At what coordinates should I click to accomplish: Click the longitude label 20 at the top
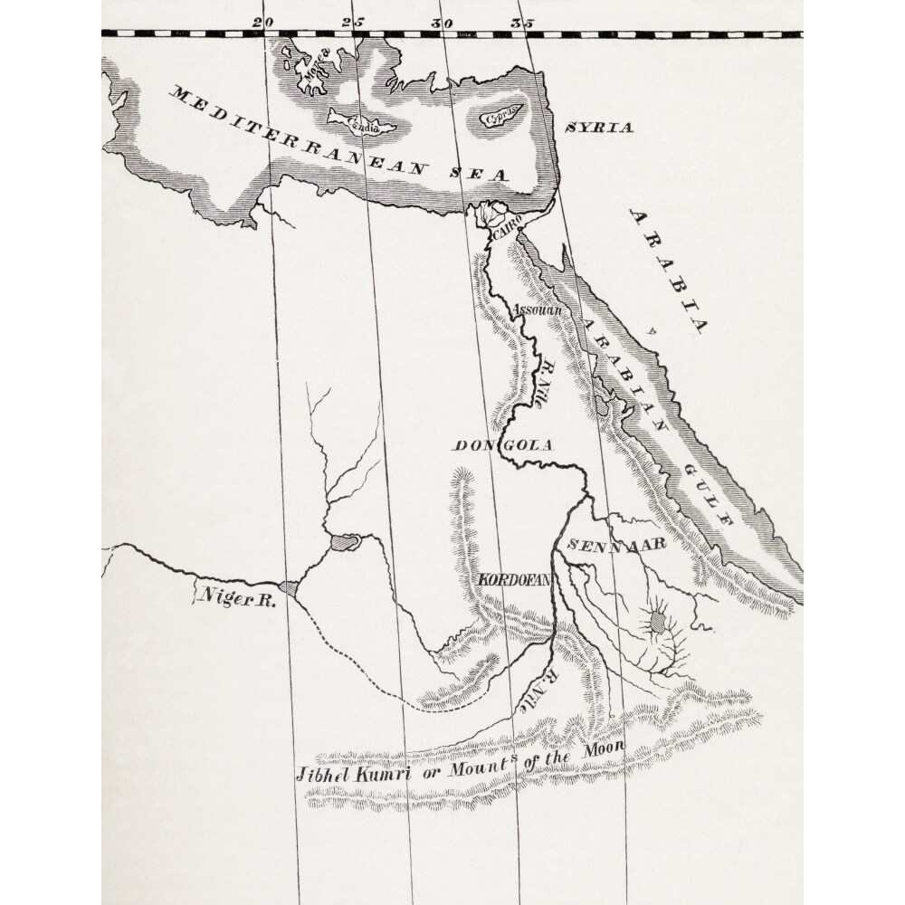click(263, 21)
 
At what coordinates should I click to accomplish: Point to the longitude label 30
click(441, 21)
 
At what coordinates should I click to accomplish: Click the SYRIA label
click(598, 128)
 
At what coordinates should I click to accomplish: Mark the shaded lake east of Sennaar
click(658, 622)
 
